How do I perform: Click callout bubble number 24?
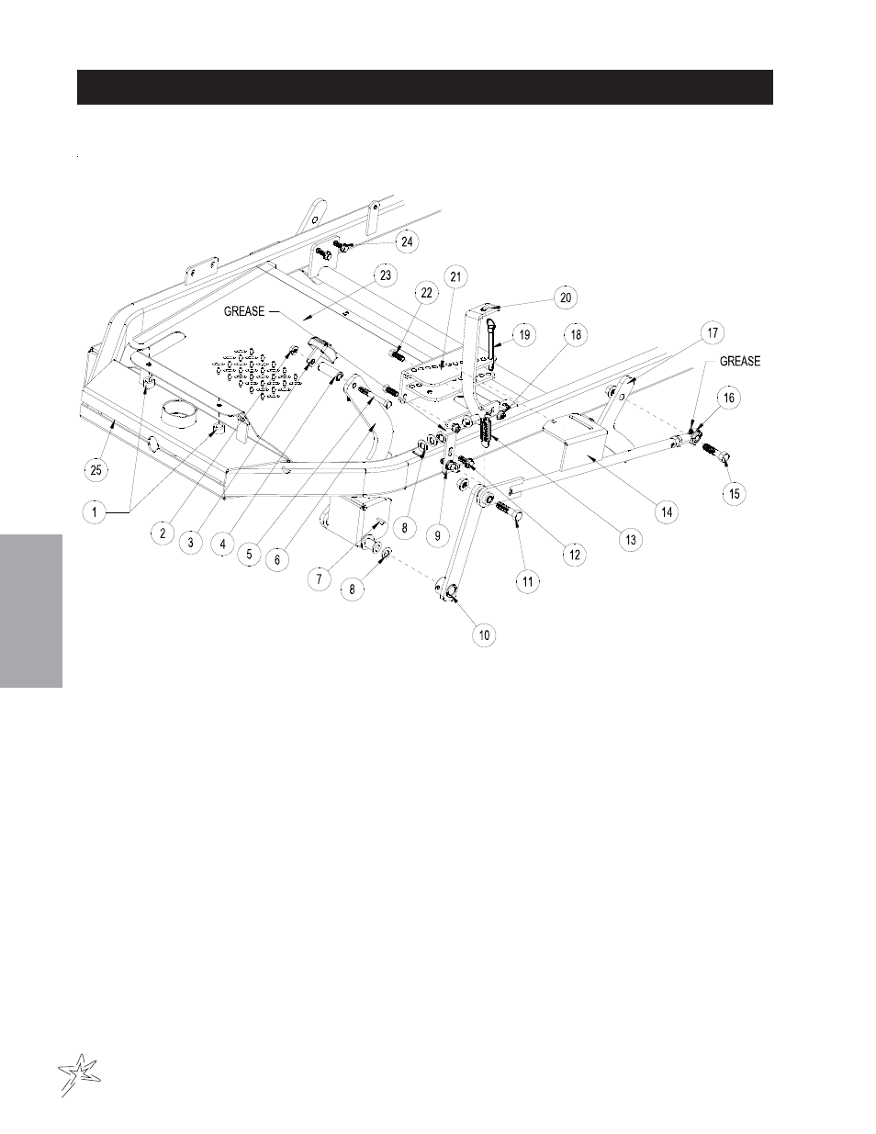tap(407, 241)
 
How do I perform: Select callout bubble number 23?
tap(385, 275)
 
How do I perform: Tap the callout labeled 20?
tap(565, 297)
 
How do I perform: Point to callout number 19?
tap(522, 335)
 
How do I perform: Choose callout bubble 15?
tap(734, 493)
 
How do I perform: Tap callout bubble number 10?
tap(484, 634)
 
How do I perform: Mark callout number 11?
tap(528, 579)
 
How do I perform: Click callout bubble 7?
tap(319, 579)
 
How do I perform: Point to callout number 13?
tap(631, 540)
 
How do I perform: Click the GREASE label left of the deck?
tap(243, 311)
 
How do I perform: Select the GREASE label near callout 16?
tap(739, 361)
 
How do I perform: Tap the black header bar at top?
tap(425, 87)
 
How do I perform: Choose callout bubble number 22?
tap(425, 292)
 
